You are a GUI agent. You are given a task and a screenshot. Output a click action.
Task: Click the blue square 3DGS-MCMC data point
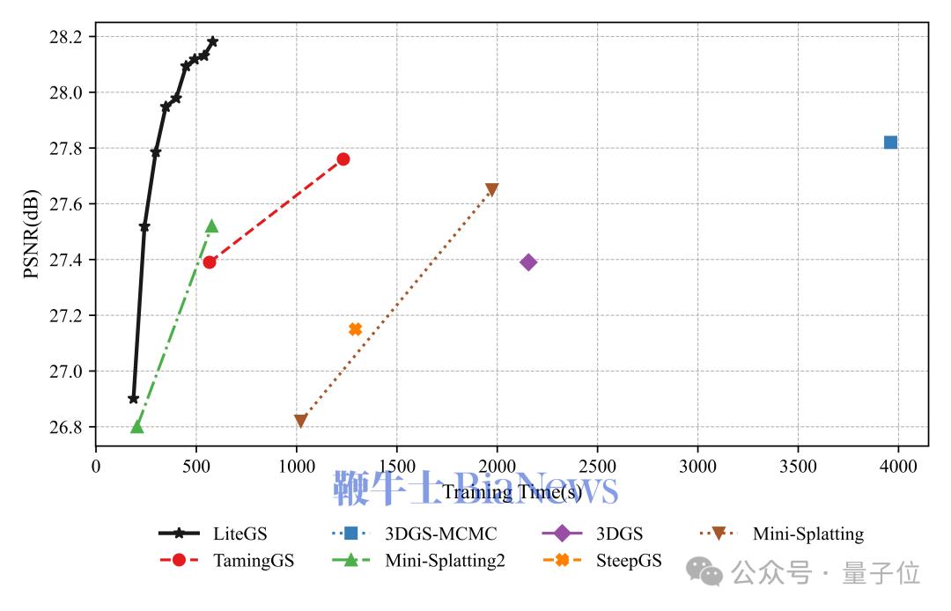point(890,143)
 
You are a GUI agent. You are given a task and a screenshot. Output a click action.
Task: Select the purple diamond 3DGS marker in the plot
point(528,262)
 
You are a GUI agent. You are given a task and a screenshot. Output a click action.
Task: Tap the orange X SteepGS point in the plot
point(355,329)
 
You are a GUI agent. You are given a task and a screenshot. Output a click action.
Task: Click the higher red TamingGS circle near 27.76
point(343,159)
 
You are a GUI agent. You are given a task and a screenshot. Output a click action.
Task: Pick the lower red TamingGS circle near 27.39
point(210,261)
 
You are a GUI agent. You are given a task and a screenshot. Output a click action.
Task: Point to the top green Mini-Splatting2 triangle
point(211,226)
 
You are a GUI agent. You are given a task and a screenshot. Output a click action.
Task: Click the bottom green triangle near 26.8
point(136,427)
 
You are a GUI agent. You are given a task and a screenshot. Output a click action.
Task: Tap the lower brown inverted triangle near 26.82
point(300,422)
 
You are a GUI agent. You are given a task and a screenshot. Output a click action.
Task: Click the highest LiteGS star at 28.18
point(212,41)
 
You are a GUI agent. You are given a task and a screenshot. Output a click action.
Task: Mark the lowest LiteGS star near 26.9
point(134,399)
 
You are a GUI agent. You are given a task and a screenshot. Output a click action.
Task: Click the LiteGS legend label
point(240,534)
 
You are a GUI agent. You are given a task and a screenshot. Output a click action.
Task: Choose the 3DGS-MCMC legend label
point(440,534)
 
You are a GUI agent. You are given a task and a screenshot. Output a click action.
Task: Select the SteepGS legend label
point(629,561)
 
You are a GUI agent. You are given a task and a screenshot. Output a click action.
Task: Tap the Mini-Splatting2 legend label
point(445,561)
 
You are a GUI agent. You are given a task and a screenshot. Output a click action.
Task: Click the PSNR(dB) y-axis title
point(31,232)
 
